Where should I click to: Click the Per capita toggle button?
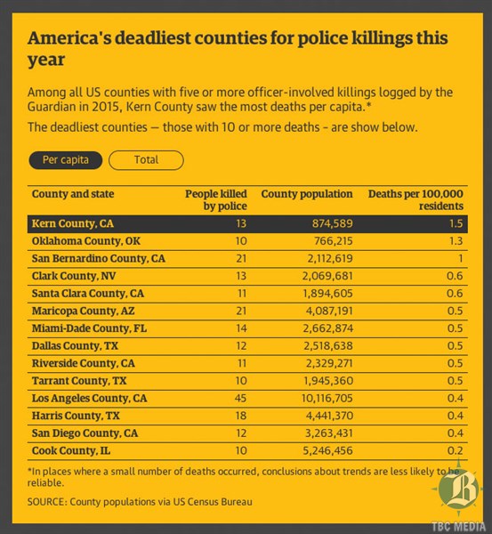click(x=65, y=160)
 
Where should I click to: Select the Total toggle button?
click(x=146, y=160)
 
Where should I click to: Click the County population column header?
click(x=307, y=194)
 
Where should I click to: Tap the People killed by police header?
click(x=216, y=199)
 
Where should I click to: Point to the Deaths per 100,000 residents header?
click(x=415, y=199)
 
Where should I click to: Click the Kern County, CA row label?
click(x=73, y=223)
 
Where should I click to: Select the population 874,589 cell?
click(x=333, y=223)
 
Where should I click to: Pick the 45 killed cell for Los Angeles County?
click(x=240, y=398)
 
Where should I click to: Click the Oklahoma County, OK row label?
click(x=85, y=241)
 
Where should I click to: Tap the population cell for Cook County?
click(x=327, y=450)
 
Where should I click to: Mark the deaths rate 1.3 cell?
click(x=456, y=241)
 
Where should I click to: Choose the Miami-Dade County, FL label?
click(x=89, y=328)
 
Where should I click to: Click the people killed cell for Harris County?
click(x=241, y=416)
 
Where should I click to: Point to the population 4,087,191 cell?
click(x=329, y=311)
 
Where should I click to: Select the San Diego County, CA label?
click(x=85, y=433)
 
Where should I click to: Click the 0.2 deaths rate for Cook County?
click(x=456, y=450)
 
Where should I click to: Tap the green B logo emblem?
click(x=458, y=489)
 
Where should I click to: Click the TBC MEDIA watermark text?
click(x=458, y=527)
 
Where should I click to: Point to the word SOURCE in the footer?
click(x=46, y=502)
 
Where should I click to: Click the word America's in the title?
click(x=69, y=37)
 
